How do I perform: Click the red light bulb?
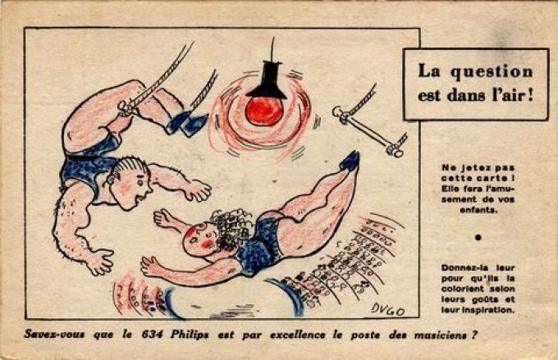point(263,111)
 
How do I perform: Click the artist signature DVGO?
point(387,309)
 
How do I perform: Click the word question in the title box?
point(491,72)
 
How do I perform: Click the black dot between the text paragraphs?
point(478,237)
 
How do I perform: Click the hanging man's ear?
point(112,179)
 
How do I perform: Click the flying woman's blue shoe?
point(350,161)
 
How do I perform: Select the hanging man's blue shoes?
point(186,124)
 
